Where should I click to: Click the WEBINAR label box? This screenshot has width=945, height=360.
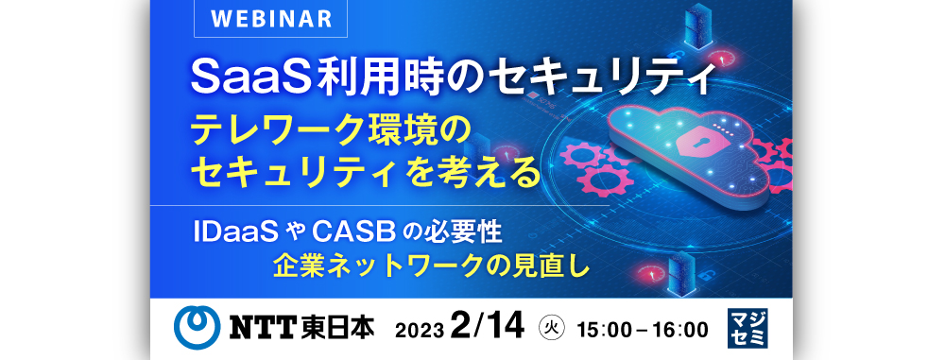click(x=270, y=18)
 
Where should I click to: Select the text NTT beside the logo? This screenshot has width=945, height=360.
click(x=262, y=329)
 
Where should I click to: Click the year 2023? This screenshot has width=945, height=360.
click(x=421, y=331)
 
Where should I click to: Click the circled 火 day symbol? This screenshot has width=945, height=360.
click(x=549, y=329)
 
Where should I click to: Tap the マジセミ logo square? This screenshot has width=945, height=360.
click(x=747, y=328)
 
